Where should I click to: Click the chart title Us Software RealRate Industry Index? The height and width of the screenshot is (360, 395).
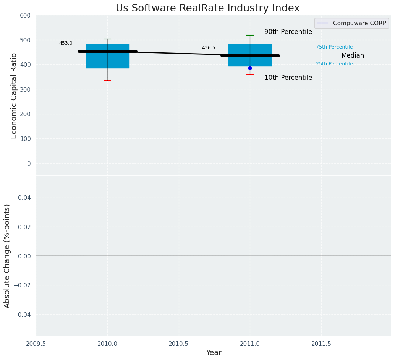coord(207,8)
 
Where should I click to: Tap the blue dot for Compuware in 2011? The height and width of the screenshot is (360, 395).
coord(250,68)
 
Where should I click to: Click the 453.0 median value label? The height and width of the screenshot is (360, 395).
coord(66,43)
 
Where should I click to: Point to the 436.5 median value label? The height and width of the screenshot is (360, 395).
coord(209,48)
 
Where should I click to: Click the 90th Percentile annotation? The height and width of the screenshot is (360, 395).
coord(288,32)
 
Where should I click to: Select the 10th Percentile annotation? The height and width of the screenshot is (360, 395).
coord(288,78)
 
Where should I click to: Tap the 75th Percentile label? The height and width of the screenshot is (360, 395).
coord(334,47)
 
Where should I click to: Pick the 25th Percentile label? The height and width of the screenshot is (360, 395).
coord(334,64)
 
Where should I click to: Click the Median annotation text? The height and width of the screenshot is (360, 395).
coord(353,55)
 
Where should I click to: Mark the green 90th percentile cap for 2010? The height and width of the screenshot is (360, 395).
coord(107,39)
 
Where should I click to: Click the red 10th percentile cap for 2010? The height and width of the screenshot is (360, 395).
coord(107,81)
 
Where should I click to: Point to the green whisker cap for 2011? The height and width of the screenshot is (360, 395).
coord(250,35)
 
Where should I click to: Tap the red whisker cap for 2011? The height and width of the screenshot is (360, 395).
coord(250,75)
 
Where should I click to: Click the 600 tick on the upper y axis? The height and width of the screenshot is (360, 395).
coord(25,15)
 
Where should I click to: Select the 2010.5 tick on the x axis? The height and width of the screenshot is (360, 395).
coord(178,344)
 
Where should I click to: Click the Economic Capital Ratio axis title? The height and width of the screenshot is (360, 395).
coord(14,96)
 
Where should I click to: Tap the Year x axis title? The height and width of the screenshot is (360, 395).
coord(214,353)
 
